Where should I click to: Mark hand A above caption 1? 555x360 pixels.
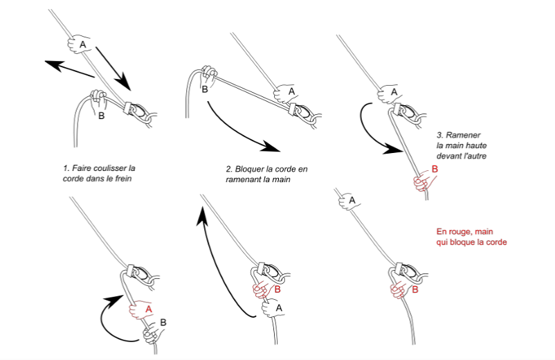click(x=81, y=44)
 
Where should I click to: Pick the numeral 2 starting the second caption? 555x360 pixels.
click(x=228, y=169)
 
